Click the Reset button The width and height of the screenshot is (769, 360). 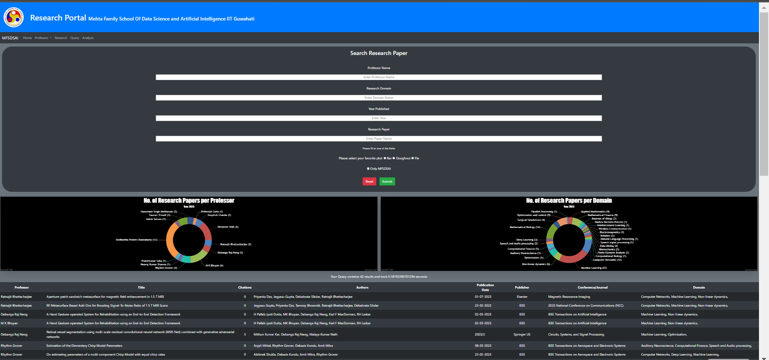coord(369,181)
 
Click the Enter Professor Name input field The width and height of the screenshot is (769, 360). coord(379,77)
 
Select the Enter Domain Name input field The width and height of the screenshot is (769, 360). coord(379,98)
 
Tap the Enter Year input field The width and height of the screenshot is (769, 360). coord(379,118)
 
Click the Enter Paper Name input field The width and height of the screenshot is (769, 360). coord(379,138)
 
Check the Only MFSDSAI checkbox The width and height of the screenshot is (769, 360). coord(368,169)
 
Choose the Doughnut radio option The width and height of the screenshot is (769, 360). coord(394,158)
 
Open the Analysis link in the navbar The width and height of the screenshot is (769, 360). coord(88,38)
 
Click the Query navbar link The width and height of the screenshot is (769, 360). coord(75,38)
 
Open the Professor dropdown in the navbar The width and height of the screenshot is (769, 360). coord(43,38)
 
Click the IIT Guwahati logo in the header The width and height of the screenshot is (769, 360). coord(14,17)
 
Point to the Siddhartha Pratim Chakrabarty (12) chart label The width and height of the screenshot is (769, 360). coord(136,240)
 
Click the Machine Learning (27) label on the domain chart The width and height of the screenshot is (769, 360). coord(594,268)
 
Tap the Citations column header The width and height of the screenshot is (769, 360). coord(245,287)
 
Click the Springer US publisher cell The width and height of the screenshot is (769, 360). coord(522,334)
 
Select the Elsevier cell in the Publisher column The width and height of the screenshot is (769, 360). coord(522,297)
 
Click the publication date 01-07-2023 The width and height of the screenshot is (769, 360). coord(483,297)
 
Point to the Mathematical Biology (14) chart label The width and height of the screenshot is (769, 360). coord(525,227)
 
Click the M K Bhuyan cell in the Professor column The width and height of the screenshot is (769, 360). coord(9,323)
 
